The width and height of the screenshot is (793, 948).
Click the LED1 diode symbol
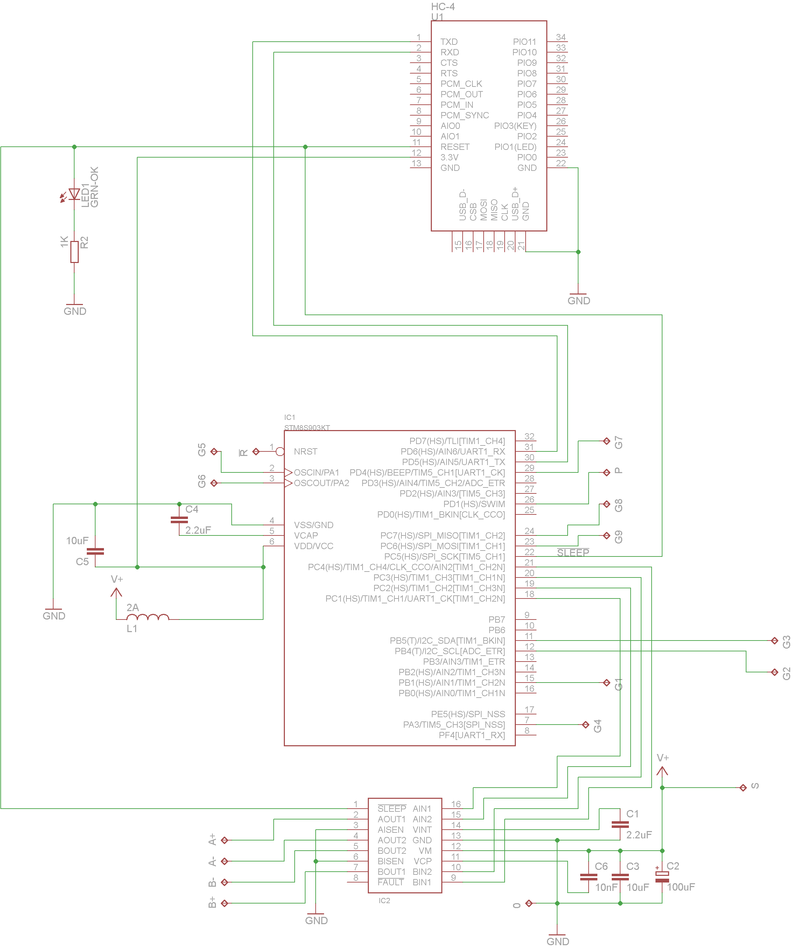(75, 194)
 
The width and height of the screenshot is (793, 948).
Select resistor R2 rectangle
(75, 251)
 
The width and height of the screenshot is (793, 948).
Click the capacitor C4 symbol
(179, 520)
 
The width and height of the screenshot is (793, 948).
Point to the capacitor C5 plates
(95, 551)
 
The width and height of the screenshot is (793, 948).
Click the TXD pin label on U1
(449, 42)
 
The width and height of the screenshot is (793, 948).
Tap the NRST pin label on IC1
(306, 451)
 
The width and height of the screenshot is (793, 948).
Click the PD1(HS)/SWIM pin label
(474, 504)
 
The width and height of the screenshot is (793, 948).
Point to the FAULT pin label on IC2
(391, 882)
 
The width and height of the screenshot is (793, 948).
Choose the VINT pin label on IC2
(422, 830)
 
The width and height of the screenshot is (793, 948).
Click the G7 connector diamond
(607, 441)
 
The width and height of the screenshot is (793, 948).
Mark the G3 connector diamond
(774, 641)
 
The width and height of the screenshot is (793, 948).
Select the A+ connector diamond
(225, 840)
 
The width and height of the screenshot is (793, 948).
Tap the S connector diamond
(743, 788)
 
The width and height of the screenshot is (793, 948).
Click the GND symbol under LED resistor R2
(75, 305)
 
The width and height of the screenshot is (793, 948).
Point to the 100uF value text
(681, 887)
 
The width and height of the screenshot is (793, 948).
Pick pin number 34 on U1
(561, 37)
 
